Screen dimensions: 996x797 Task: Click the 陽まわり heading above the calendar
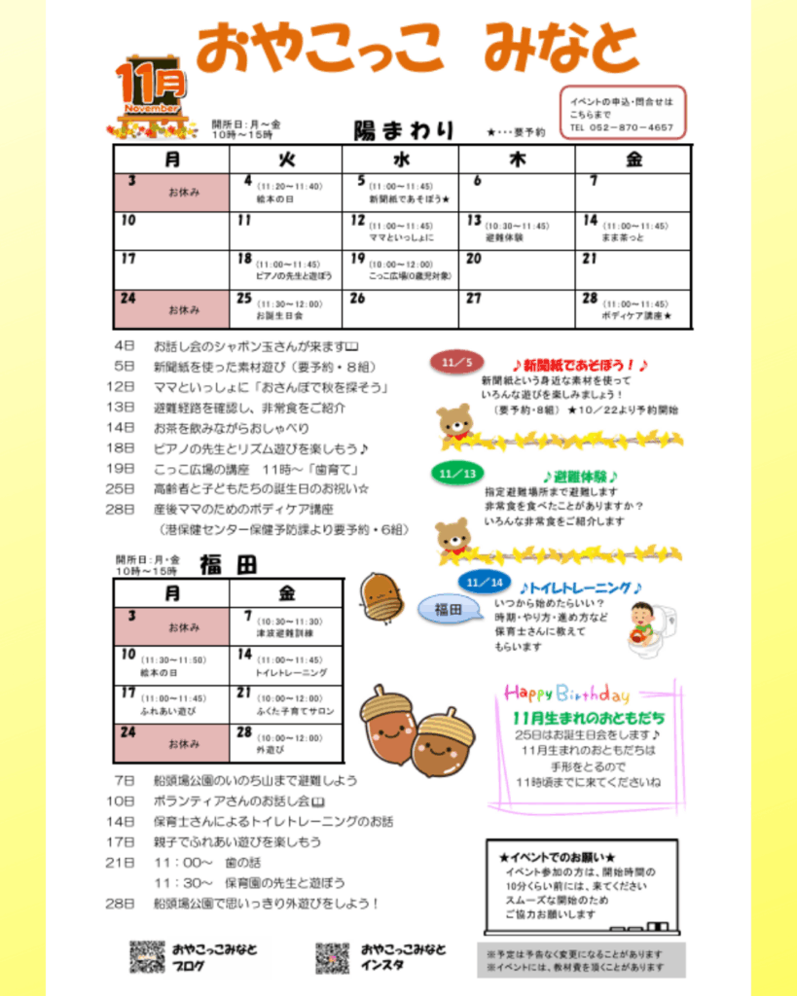coord(404,130)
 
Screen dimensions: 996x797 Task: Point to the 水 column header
coord(401,159)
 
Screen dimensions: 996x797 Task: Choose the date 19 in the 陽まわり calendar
coord(358,258)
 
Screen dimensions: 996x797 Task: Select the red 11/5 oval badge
coord(455,363)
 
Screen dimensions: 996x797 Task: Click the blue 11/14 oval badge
coord(484,582)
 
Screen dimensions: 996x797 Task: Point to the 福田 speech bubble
coord(448,610)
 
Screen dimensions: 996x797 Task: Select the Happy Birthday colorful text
coord(566,694)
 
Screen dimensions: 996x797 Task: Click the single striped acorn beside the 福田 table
coord(380,595)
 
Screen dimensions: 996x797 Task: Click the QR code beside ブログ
coord(147,957)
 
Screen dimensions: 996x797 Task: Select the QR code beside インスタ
coord(332,958)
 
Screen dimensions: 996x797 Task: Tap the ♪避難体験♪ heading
coord(580,477)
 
